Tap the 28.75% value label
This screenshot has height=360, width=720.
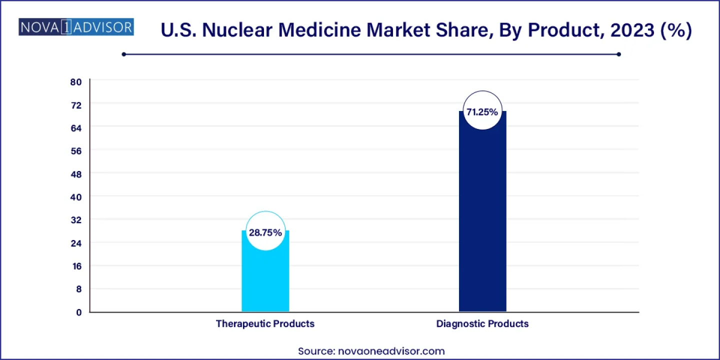[265, 232]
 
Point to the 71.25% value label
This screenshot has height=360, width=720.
[482, 112]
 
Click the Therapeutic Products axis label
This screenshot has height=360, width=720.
[265, 323]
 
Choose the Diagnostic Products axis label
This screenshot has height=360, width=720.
[482, 323]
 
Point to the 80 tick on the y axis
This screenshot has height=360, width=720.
[75, 81]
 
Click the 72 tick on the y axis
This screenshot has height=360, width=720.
[75, 104]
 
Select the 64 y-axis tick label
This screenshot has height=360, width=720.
[75, 127]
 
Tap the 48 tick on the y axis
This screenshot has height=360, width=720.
[75, 173]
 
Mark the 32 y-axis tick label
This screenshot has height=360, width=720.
[75, 219]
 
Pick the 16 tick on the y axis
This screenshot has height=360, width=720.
[76, 265]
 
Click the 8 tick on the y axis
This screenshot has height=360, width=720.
[78, 288]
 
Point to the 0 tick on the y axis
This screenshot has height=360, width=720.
[78, 312]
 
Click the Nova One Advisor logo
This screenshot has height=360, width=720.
[76, 27]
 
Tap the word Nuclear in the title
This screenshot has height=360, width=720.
[234, 30]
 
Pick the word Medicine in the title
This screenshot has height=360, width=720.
[320, 30]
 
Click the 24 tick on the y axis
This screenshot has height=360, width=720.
[75, 242]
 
